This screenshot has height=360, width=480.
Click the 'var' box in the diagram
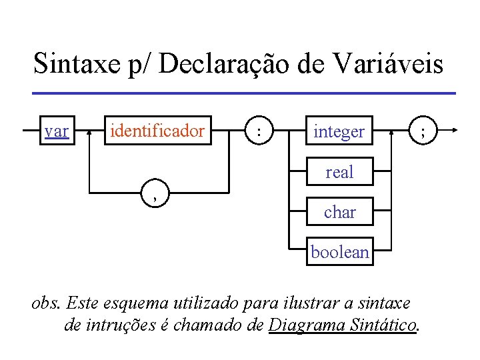[57, 131]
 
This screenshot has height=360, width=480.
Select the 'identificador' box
[157, 131]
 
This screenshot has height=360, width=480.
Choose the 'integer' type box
[339, 132]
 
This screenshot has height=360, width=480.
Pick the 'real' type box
[339, 172]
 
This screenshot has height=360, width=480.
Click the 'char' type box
[339, 213]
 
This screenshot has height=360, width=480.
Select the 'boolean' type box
[339, 253]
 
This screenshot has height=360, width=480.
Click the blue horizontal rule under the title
[243, 93]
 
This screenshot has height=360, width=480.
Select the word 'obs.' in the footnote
[47, 304]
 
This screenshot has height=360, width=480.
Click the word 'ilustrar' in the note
[311, 304]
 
